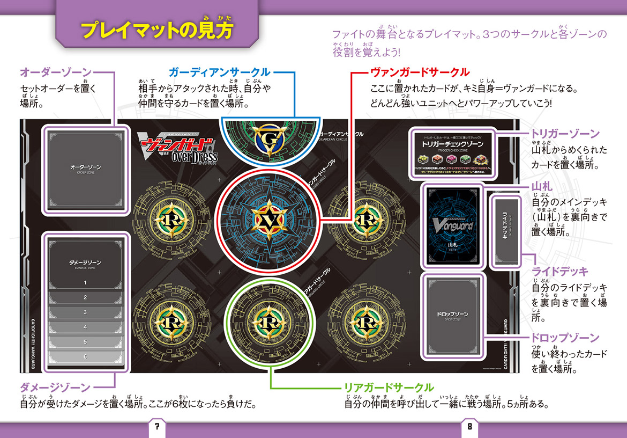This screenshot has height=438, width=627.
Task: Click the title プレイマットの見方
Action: [x=158, y=30]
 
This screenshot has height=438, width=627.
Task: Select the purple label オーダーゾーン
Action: [x=55, y=72]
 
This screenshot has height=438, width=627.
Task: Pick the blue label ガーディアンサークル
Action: [x=219, y=72]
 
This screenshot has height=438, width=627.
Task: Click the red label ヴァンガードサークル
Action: [x=420, y=72]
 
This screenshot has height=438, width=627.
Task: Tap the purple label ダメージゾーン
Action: [x=55, y=386]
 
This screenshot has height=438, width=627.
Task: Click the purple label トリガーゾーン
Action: [x=565, y=134]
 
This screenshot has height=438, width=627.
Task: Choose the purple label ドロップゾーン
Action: [x=565, y=338]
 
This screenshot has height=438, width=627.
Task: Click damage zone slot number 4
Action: [x=85, y=326]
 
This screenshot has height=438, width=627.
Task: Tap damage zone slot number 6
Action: [x=85, y=356]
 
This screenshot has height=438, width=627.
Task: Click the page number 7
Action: [x=157, y=427]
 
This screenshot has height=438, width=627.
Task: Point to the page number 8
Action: [x=469, y=427]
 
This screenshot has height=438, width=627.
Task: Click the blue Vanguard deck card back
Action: [x=452, y=225]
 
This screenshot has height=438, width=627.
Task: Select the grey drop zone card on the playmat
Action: [x=453, y=315]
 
